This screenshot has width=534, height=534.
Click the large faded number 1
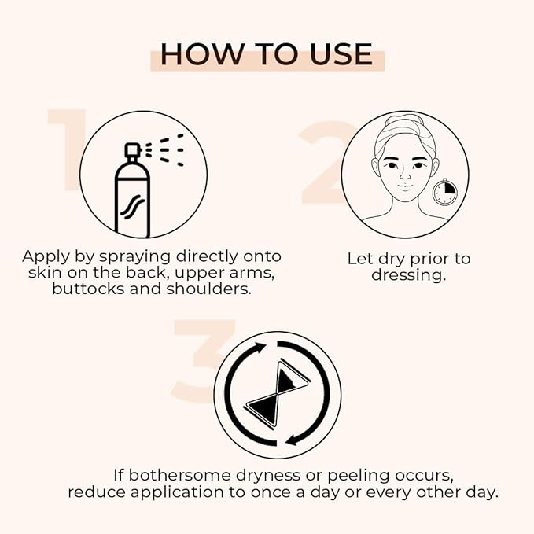click(67, 149)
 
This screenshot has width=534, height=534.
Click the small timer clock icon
click(444, 190)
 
